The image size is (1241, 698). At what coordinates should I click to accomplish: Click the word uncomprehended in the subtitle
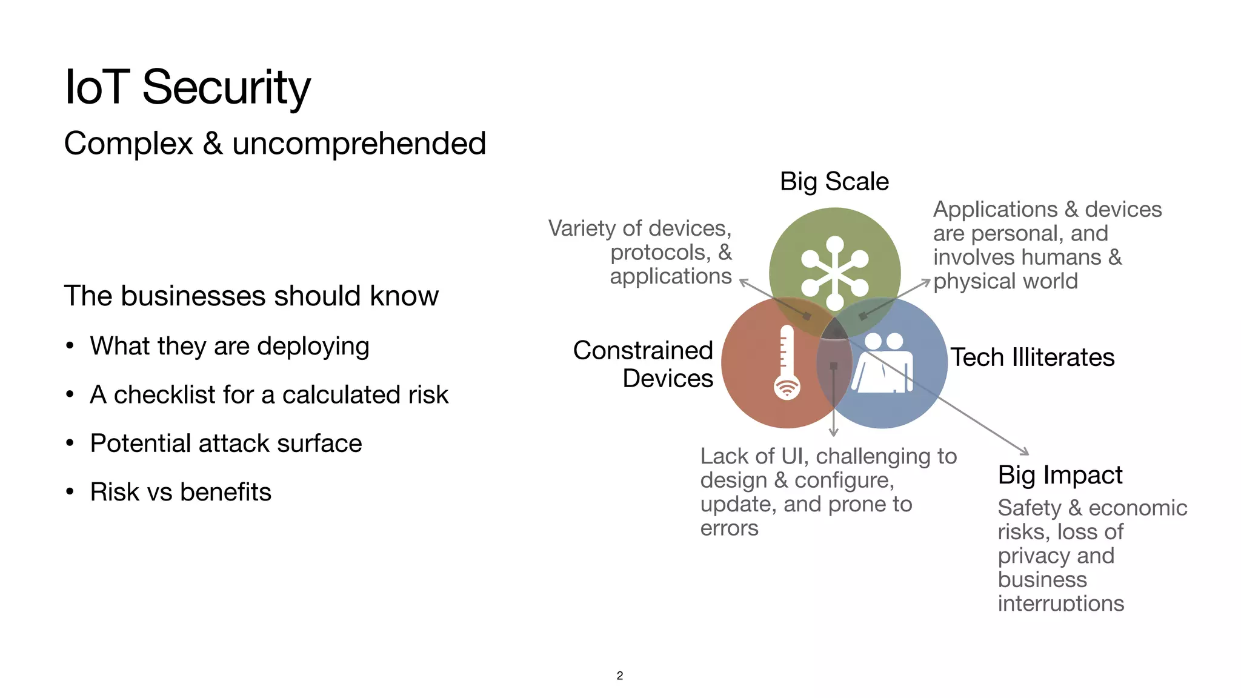[359, 144]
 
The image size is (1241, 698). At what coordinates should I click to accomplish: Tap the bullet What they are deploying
[229, 347]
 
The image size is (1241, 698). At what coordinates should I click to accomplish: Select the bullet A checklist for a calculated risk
[268, 395]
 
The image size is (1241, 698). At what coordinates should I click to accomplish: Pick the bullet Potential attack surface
[225, 444]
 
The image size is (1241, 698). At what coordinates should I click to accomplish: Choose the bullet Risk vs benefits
[180, 492]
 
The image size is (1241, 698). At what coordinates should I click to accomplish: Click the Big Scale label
[834, 182]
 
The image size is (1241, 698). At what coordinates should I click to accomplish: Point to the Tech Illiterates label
[1032, 357]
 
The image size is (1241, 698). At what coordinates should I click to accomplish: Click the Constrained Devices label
[644, 364]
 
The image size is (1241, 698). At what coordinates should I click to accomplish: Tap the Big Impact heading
[1060, 475]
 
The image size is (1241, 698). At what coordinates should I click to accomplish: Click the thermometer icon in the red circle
[787, 362]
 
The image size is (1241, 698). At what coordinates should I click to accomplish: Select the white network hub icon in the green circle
[834, 274]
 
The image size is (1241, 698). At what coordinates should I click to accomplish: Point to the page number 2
[619, 676]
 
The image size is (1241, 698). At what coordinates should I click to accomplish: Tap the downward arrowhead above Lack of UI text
[834, 432]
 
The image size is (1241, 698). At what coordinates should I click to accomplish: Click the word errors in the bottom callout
[729, 528]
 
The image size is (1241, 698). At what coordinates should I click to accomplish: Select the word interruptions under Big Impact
[1060, 603]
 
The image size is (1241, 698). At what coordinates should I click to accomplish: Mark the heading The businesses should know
[251, 296]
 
